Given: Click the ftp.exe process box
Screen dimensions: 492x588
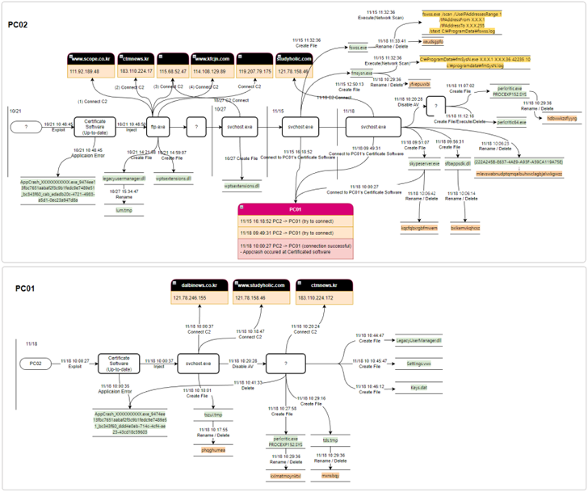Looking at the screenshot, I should pos(156,127).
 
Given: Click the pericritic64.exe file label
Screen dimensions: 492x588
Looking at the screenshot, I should pos(511,121).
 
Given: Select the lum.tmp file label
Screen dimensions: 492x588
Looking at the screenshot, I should pos(124,209).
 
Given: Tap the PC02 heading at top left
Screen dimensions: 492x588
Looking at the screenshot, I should pos(18,25).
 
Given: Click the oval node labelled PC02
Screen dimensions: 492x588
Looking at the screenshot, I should pos(36,364).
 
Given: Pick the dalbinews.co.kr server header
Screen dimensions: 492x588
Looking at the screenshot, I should pos(199,285).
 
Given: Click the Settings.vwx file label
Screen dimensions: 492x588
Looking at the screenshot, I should pos(419,364).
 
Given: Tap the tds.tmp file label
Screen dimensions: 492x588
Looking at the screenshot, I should pos(330,440).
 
